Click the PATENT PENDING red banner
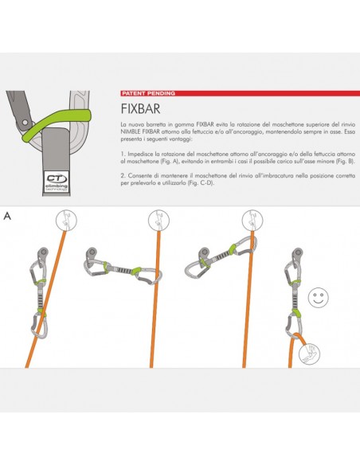148,93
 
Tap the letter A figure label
7,216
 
